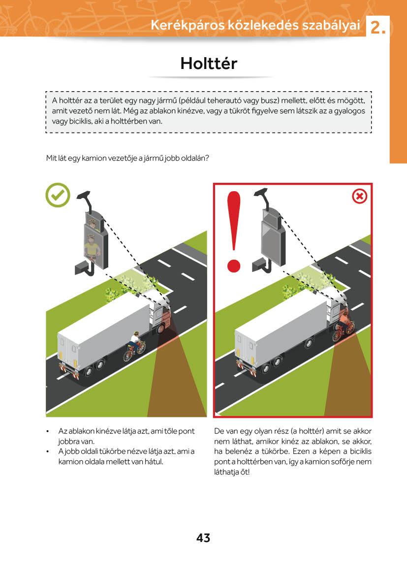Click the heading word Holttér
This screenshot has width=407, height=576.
tap(209, 63)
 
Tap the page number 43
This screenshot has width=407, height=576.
tap(203, 538)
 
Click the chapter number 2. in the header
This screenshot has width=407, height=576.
tap(378, 28)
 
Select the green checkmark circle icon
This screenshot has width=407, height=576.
tap(58, 195)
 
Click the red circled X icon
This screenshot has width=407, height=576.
tap(360, 197)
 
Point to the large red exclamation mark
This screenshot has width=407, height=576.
tap(233, 232)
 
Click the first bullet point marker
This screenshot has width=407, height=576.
tap(47, 432)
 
